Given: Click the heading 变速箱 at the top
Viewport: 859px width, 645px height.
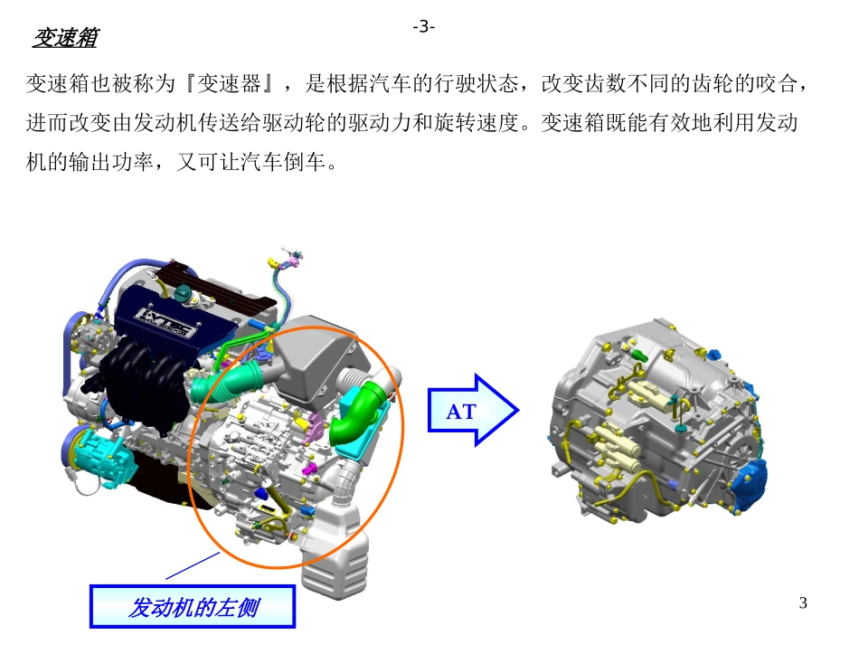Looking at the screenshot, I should [65, 38].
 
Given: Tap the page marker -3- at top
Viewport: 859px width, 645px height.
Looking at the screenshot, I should [423, 27].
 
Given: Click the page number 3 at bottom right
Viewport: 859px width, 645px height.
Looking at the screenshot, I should [804, 603].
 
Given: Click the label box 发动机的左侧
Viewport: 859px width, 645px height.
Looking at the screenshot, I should [193, 607].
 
